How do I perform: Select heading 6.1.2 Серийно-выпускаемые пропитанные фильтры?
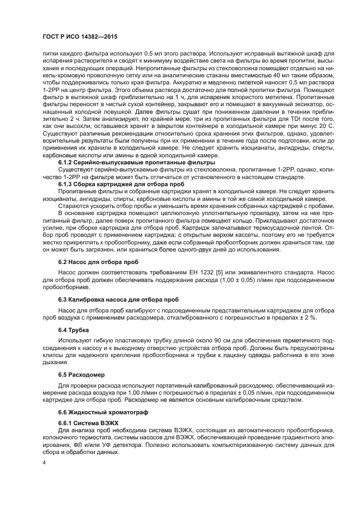tap(121, 163)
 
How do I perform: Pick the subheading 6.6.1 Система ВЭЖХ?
tap(88, 422)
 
